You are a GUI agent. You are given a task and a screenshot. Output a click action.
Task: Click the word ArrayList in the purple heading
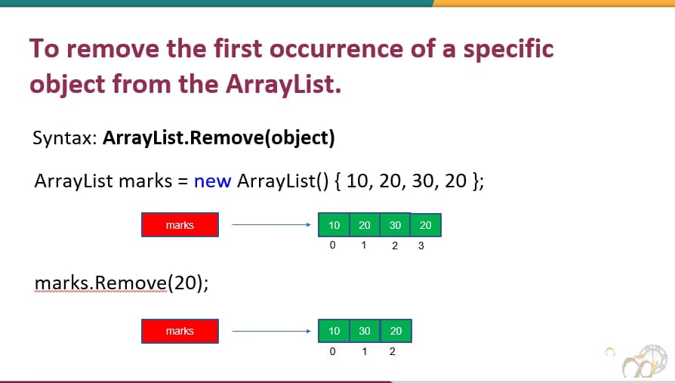(283, 84)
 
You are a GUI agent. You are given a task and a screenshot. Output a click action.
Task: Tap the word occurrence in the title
(336, 48)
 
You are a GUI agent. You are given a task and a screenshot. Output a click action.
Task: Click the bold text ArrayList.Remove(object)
(219, 137)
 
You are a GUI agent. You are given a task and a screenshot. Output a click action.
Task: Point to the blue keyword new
(213, 181)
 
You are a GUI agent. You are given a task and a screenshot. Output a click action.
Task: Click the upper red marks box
(180, 225)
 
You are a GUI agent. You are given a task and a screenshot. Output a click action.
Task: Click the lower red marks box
(180, 331)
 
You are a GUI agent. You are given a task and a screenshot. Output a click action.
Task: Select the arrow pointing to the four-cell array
(271, 224)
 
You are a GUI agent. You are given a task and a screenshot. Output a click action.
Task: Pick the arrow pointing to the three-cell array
(271, 331)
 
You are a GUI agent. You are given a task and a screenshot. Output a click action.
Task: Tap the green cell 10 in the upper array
(334, 225)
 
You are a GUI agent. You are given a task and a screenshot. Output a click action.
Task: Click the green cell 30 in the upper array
(395, 225)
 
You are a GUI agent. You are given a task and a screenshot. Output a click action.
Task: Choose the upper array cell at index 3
(426, 225)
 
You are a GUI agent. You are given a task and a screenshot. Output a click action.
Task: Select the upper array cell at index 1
(365, 225)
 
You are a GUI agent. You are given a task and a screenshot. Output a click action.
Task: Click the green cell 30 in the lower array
(365, 331)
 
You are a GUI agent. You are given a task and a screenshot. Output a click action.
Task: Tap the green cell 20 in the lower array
(396, 331)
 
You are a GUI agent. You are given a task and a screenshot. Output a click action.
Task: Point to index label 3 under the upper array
(421, 246)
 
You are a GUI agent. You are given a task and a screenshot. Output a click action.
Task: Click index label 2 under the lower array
(392, 351)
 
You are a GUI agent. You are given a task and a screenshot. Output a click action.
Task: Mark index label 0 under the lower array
(332, 351)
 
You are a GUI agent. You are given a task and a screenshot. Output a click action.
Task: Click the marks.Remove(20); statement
(122, 283)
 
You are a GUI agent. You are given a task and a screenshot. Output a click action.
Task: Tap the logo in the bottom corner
(645, 363)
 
